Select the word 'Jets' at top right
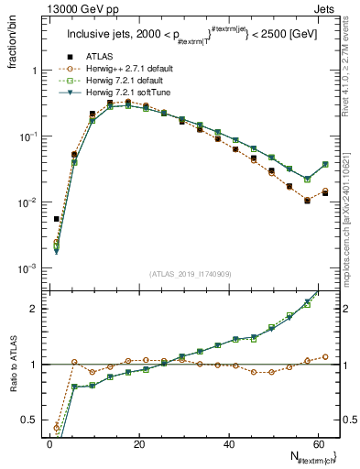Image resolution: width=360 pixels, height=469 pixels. click(x=324, y=8)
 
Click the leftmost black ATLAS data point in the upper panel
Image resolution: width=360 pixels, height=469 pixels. click(x=57, y=219)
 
